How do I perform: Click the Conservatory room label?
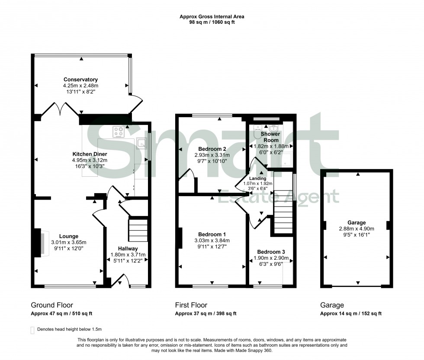pyautogui.click(x=80, y=80)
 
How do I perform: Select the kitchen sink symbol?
pyautogui.click(x=141, y=143)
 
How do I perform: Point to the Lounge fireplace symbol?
pyautogui.click(x=40, y=243)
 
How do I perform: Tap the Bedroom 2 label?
pyautogui.click(x=212, y=149)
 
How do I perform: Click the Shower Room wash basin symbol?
pyautogui.click(x=273, y=128)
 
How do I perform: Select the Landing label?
pyautogui.click(x=257, y=178)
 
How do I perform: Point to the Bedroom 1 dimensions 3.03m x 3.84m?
pyautogui.click(x=212, y=241)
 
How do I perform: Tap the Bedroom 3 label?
pyautogui.click(x=271, y=252)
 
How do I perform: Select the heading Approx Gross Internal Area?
pyautogui.click(x=212, y=17)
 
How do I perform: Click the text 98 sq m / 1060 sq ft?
pyautogui.click(x=212, y=22)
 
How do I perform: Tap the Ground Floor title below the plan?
pyautogui.click(x=48, y=305)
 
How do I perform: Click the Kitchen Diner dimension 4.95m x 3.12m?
pyautogui.click(x=90, y=160)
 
